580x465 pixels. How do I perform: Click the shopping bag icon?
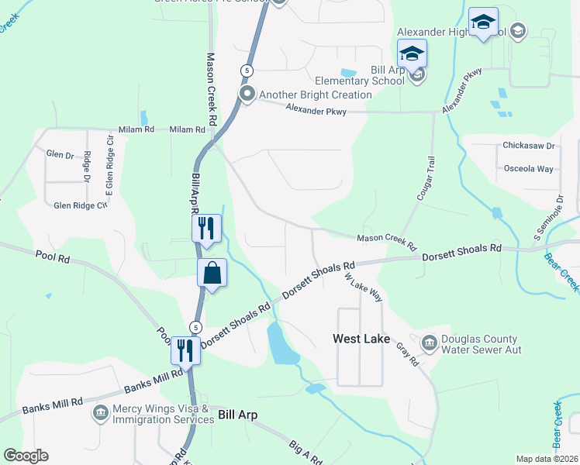coord(212,274)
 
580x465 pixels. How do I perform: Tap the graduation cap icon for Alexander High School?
coord(483,22)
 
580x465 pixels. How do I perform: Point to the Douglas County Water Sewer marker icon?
coord(429,343)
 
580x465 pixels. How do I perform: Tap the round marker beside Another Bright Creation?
coord(248,95)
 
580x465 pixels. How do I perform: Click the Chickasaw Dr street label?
coord(529,146)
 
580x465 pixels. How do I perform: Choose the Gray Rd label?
coord(409,356)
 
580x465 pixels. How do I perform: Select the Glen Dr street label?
coord(60,155)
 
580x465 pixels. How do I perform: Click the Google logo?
coord(26,456)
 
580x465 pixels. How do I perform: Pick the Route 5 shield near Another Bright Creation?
coord(246,71)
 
